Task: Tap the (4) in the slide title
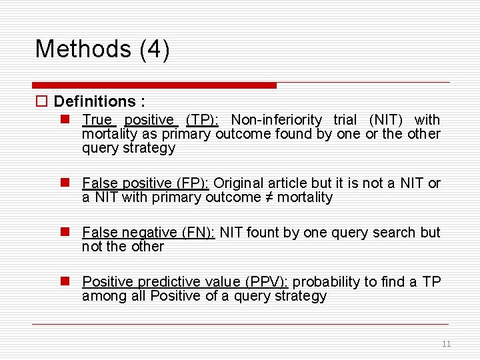coord(155,49)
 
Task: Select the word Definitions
coord(95,101)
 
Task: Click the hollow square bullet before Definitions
coord(41,102)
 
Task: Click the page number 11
coord(446,344)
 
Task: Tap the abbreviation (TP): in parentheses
coord(202,120)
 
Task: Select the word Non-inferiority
coord(276,120)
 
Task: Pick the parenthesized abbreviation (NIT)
coord(387,120)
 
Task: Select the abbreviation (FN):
coord(198,233)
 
